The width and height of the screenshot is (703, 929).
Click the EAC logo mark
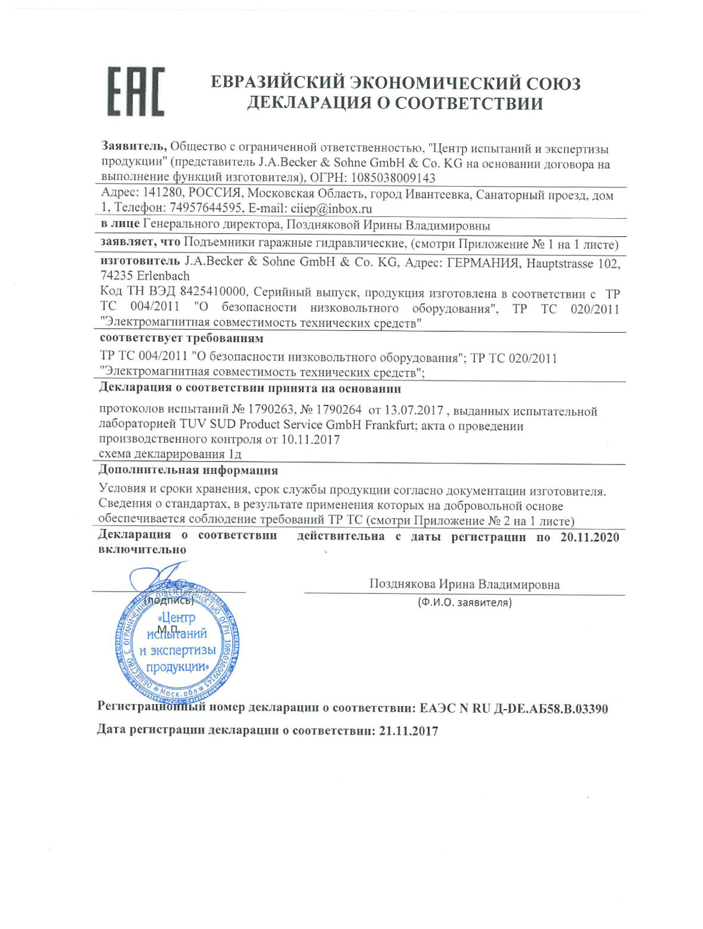(135, 92)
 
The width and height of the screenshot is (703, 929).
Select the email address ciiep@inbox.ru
(331, 208)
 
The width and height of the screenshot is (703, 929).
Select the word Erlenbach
(163, 276)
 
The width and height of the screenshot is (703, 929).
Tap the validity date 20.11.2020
(590, 537)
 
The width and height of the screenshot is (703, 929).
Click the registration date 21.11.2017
(409, 730)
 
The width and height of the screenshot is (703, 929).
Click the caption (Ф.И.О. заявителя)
(464, 602)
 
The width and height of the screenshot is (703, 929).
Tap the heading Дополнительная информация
(188, 470)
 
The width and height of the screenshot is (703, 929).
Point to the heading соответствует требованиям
(182, 339)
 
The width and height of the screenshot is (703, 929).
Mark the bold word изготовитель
(140, 261)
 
